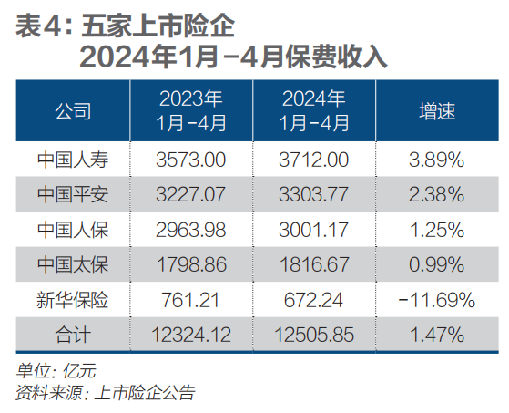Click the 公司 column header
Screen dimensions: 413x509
73,111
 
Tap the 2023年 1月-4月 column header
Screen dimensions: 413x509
190,111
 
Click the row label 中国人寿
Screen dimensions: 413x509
73,160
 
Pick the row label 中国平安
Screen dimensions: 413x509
73,194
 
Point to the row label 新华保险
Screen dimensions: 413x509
73,299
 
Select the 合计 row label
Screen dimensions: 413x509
73,334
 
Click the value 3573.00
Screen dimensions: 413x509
190,160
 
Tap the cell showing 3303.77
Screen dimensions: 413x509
314,194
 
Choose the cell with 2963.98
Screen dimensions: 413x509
190,229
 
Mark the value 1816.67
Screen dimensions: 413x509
314,264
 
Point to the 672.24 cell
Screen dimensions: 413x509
314,299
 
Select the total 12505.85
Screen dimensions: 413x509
314,334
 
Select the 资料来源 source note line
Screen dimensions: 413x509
105,393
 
